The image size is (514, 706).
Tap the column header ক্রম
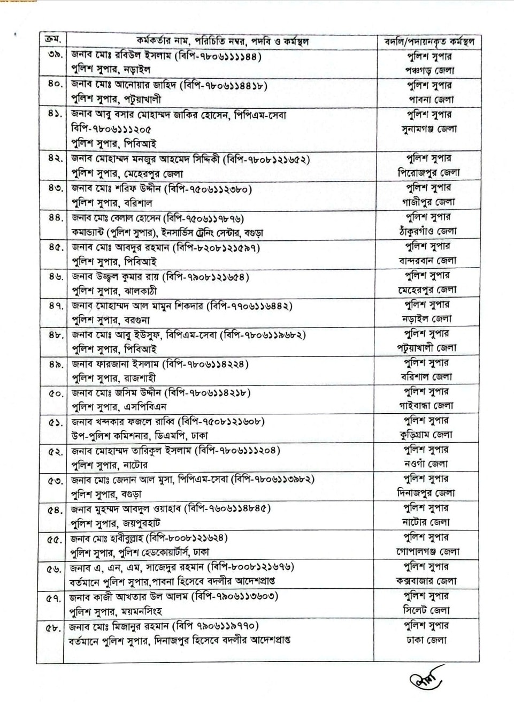pos(52,39)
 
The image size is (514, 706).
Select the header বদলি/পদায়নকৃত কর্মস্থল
pos(429,42)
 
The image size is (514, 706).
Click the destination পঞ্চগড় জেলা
pos(429,70)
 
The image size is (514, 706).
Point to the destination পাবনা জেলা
pos(431,99)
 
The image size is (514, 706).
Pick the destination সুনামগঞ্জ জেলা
pos(429,129)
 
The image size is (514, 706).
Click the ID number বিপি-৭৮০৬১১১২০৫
pos(111,129)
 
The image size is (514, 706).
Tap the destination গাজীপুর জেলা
pos(429,202)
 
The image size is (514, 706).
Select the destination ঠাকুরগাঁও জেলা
pos(428,231)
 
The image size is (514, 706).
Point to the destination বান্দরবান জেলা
pos(428,261)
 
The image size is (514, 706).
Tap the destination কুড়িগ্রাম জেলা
pos(426,435)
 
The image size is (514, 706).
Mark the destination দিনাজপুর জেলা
pos(426,493)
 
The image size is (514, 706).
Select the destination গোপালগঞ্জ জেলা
pos(427,551)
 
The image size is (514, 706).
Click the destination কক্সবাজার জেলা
pos(426,581)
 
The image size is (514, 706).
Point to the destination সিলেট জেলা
pos(426,610)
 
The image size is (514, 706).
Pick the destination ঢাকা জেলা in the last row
pos(426,640)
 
